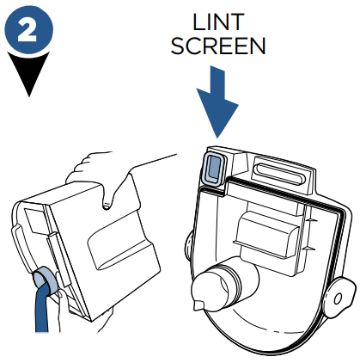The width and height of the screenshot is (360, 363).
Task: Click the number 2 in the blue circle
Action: (x=27, y=30)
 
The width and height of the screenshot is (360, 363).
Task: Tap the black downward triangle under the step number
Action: (x=28, y=71)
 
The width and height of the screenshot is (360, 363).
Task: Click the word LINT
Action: (x=218, y=22)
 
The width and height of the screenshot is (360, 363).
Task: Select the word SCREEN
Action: (x=218, y=46)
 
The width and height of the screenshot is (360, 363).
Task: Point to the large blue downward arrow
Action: (x=217, y=102)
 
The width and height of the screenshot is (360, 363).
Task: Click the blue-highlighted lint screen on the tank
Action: (x=213, y=167)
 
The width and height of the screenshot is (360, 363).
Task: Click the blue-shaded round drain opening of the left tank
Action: (x=45, y=279)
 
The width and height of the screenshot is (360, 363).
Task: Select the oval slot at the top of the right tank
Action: (x=280, y=174)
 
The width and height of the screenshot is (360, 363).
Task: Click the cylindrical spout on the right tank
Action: (x=223, y=286)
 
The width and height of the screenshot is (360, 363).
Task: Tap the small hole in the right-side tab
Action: (x=338, y=298)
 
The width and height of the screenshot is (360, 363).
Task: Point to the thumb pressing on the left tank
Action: (x=107, y=198)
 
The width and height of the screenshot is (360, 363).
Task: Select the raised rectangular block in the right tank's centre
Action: (x=266, y=234)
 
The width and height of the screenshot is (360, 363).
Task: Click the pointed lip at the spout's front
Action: (x=198, y=305)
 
